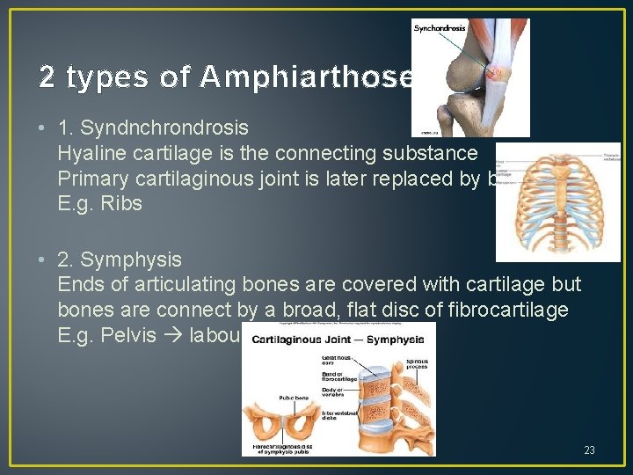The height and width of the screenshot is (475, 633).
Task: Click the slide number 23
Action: tap(589, 450)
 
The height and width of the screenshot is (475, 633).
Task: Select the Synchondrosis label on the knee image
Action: tap(440, 27)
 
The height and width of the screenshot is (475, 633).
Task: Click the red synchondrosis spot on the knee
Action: tap(495, 69)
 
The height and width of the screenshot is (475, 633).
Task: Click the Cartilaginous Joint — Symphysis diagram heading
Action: tap(338, 340)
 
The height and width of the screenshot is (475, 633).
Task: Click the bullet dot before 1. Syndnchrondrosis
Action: tap(44, 128)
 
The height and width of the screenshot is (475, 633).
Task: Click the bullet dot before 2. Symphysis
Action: tap(44, 259)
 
